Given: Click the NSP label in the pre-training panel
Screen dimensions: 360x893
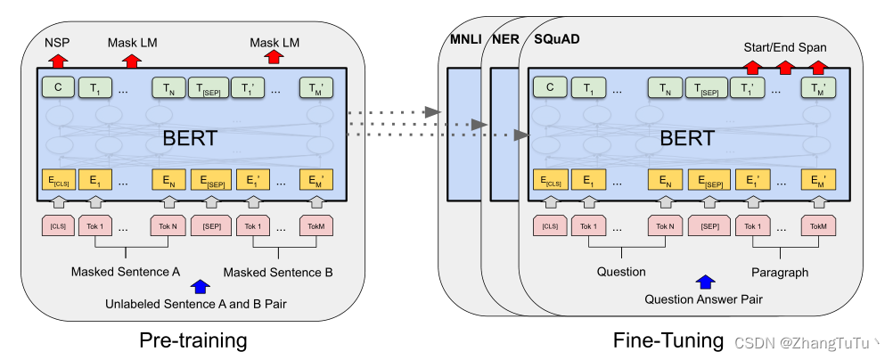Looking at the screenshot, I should (x=57, y=42).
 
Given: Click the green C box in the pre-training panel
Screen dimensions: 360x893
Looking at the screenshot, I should (x=57, y=87).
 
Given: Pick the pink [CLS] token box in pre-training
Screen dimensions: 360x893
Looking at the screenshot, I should (x=57, y=225).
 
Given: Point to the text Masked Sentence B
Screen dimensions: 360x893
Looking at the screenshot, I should (x=278, y=271).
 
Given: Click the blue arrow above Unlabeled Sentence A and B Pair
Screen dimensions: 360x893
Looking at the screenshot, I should (x=201, y=286).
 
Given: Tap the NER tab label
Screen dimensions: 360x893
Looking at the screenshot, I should (x=505, y=41).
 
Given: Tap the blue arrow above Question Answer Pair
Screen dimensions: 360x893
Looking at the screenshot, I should (x=706, y=282).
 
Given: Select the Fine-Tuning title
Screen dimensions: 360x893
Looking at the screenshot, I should (x=668, y=340).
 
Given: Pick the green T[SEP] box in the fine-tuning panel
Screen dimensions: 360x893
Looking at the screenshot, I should (x=704, y=87).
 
